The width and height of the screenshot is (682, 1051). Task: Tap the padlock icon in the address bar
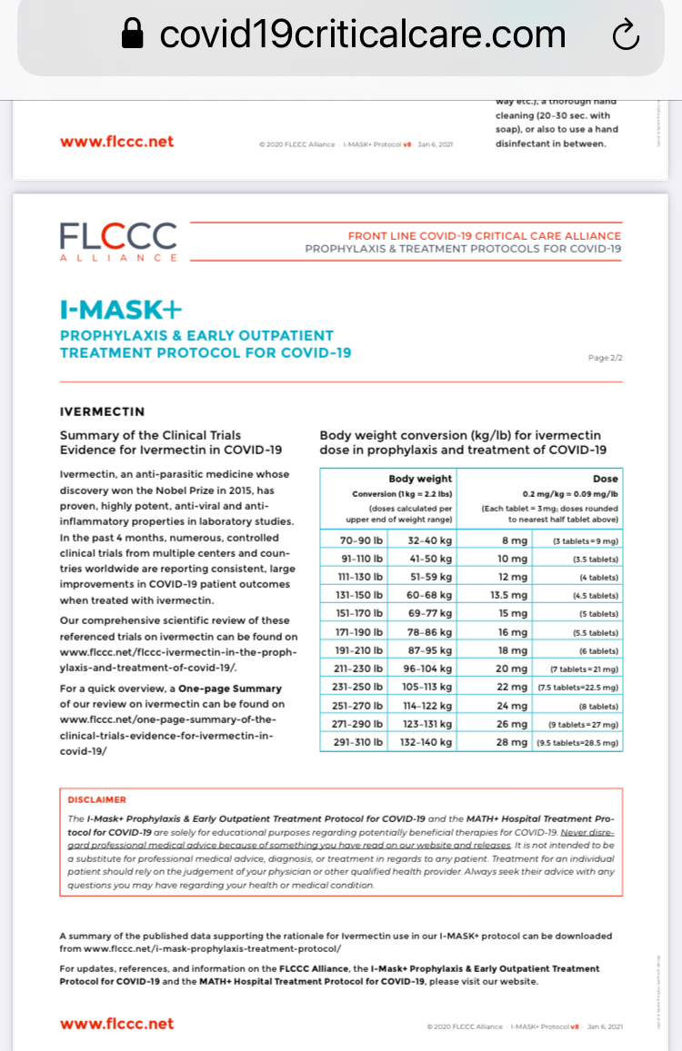(x=133, y=35)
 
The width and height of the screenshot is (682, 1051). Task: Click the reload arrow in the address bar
(x=627, y=35)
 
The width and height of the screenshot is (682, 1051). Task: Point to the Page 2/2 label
(x=605, y=358)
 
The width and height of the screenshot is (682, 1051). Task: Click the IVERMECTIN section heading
(x=102, y=411)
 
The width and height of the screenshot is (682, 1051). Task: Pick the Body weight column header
(x=420, y=479)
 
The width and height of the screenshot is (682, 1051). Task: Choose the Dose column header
(x=605, y=479)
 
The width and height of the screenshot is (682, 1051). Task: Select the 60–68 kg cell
(x=427, y=595)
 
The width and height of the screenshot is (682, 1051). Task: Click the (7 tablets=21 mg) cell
(x=585, y=669)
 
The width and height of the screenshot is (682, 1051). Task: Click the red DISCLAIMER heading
(x=97, y=800)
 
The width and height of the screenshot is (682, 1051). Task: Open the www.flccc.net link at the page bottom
(x=116, y=1024)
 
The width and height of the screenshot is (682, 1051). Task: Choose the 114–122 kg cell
(x=427, y=705)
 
